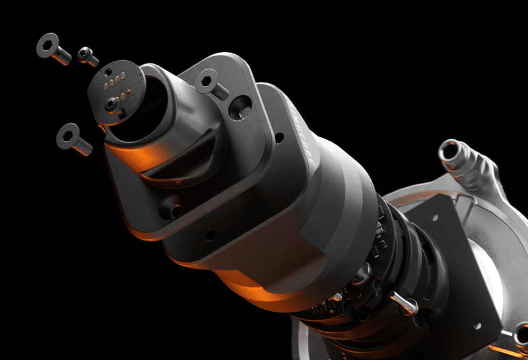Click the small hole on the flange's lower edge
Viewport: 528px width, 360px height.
[211, 235]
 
